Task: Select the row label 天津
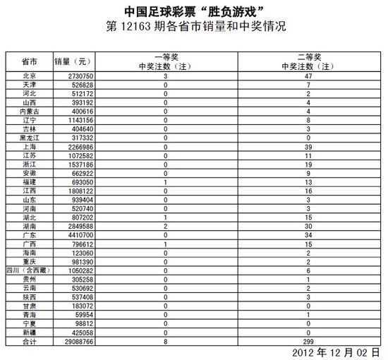(x=30, y=84)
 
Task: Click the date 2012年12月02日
(x=337, y=352)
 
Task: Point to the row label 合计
(x=30, y=342)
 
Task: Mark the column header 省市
(x=30, y=61)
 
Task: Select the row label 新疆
(x=30, y=333)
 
